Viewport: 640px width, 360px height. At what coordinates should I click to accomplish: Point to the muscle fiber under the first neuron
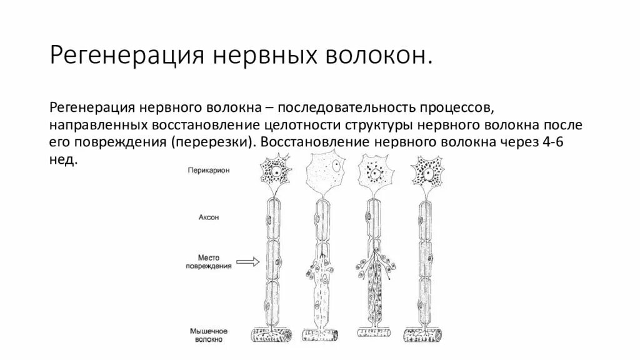point(272,335)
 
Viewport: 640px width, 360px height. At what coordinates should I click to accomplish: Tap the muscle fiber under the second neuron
point(323,336)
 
